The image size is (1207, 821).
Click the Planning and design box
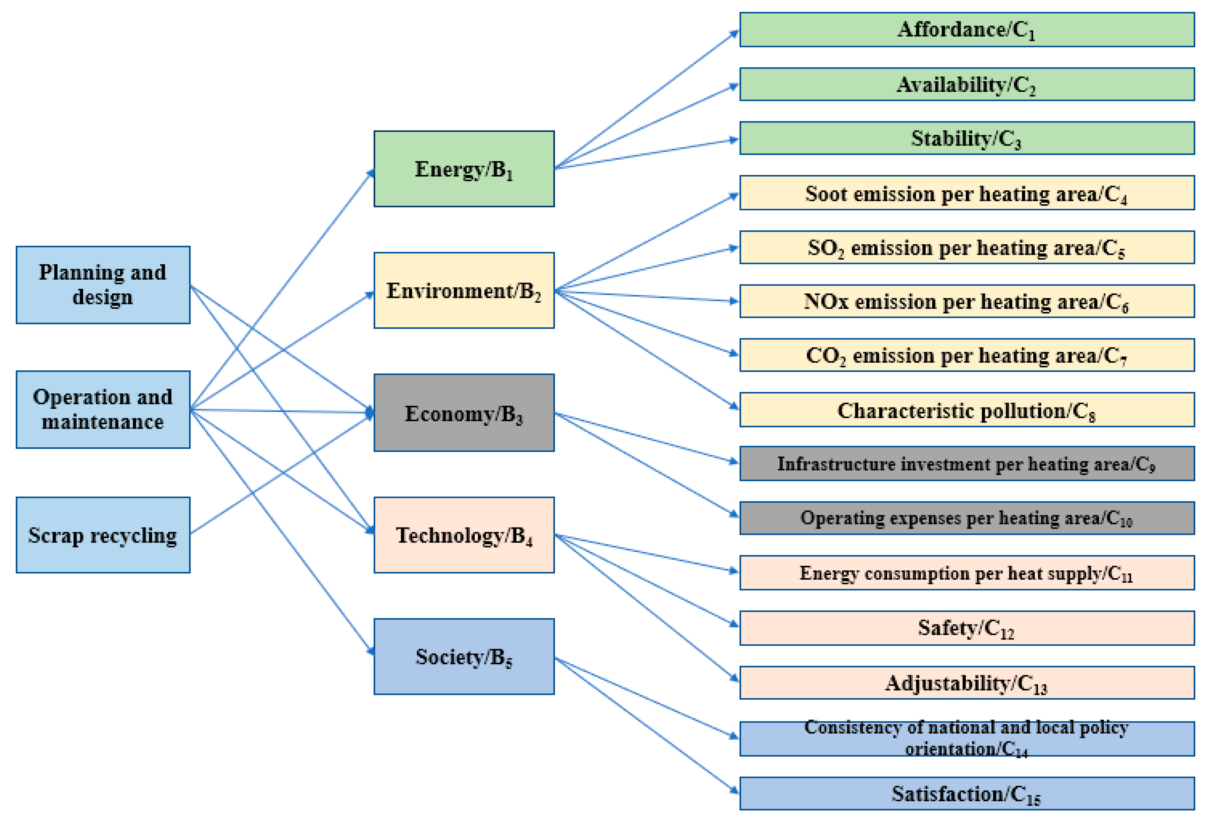[x=103, y=285]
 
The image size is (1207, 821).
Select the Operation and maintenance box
[x=103, y=409]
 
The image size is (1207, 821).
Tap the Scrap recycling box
[x=103, y=535]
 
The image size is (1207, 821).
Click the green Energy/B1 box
[x=464, y=169]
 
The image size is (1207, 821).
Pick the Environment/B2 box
[x=464, y=290]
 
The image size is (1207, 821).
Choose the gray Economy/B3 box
[x=464, y=413]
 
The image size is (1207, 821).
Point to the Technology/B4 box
[x=464, y=535]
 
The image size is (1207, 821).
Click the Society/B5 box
[x=464, y=657]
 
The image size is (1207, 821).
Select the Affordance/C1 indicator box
[x=967, y=30]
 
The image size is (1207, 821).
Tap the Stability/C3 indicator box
[x=967, y=138]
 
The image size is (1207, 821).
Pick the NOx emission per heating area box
[x=967, y=301]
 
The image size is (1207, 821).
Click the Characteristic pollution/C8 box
[x=967, y=410]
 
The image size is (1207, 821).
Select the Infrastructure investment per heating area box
[x=967, y=463]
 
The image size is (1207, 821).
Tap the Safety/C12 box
[x=967, y=628]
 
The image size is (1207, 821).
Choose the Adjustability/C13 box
[x=967, y=683]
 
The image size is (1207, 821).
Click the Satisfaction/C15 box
[x=967, y=794]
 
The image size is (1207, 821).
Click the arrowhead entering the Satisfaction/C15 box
[x=734, y=790]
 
